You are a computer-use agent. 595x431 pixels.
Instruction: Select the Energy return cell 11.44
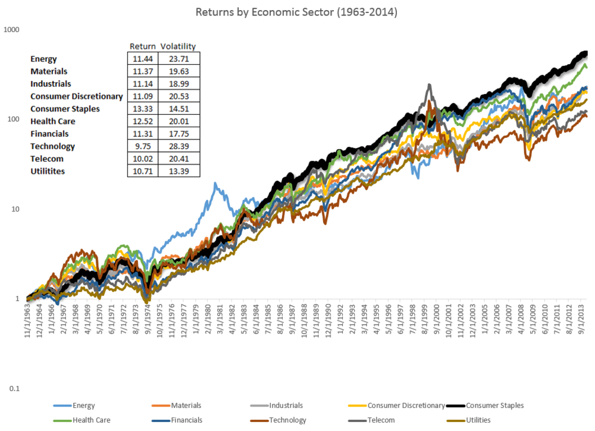[x=141, y=59]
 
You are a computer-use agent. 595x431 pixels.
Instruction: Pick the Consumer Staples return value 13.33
[x=141, y=109]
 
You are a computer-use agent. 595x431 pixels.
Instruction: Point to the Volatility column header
[x=178, y=46]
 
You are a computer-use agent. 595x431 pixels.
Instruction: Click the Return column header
[x=143, y=46]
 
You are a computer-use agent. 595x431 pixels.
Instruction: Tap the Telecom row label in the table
[x=47, y=159]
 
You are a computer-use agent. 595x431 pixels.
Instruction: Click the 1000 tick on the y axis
[x=12, y=29]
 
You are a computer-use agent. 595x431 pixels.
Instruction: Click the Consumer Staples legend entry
[x=494, y=405]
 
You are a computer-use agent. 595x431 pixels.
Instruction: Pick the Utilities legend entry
[x=476, y=420]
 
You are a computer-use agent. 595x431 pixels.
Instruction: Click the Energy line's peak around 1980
[x=215, y=184]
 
